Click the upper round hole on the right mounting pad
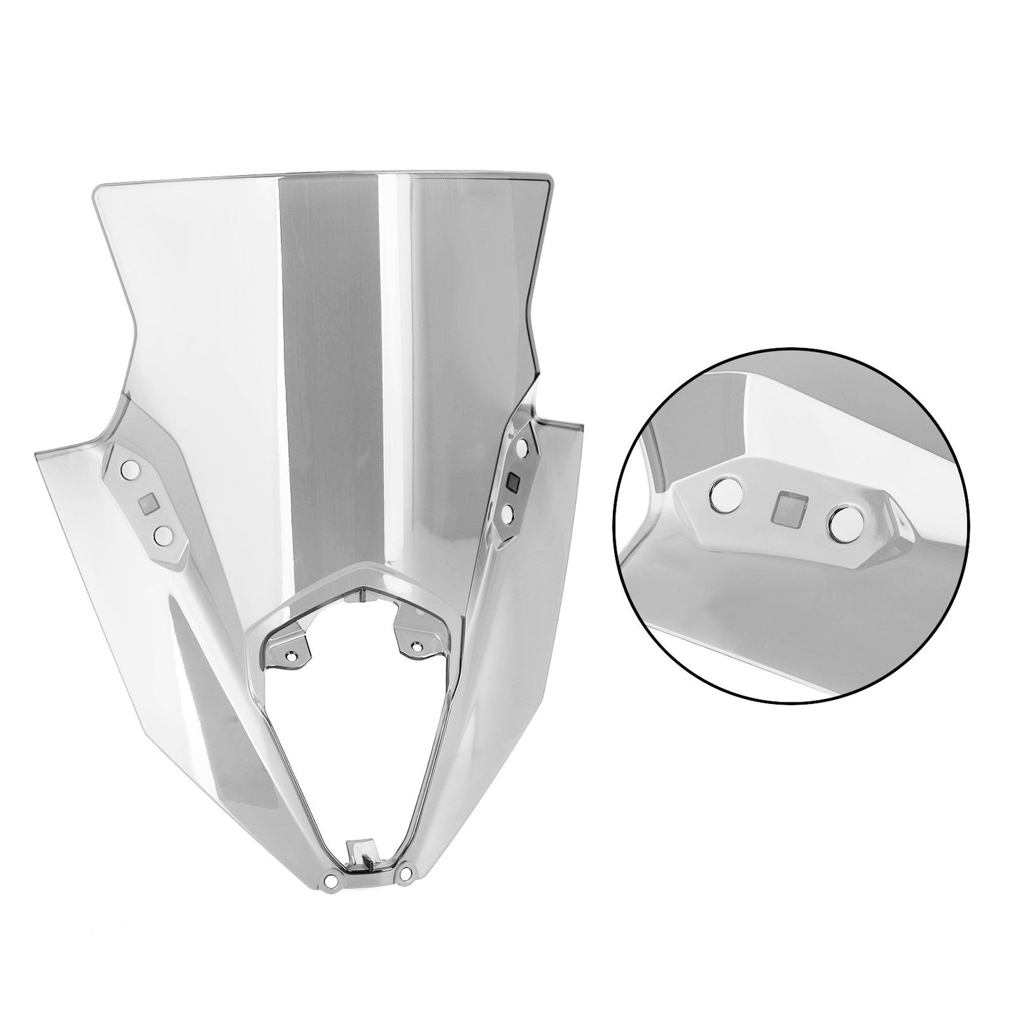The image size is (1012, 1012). [x=522, y=446]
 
